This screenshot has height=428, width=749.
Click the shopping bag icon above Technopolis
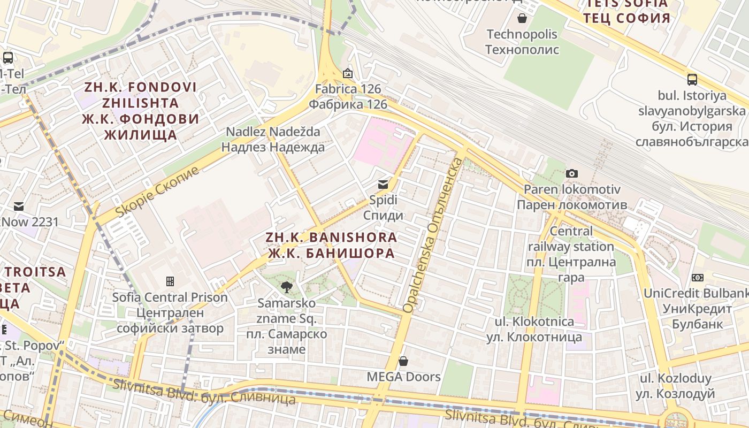(522, 19)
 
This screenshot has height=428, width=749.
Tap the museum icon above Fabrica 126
(348, 73)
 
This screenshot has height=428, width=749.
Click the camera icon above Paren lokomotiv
(572, 173)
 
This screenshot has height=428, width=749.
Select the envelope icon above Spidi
(383, 185)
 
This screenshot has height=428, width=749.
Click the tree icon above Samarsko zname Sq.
(287, 287)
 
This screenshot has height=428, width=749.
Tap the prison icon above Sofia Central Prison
(170, 281)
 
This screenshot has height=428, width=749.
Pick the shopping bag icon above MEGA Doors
(403, 361)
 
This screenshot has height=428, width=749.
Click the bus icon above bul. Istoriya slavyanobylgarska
(692, 80)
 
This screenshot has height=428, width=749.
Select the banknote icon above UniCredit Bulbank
(697, 278)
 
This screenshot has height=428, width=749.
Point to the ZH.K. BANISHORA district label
(332, 245)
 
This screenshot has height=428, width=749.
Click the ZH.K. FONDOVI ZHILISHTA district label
(140, 111)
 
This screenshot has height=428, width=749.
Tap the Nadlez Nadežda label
(273, 139)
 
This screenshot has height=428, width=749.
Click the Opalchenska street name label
(432, 235)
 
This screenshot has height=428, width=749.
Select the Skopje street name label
(157, 191)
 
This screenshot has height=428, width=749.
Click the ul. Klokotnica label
(530, 329)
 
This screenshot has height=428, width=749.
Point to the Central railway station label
(571, 254)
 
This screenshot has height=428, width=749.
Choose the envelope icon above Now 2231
(19, 207)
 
